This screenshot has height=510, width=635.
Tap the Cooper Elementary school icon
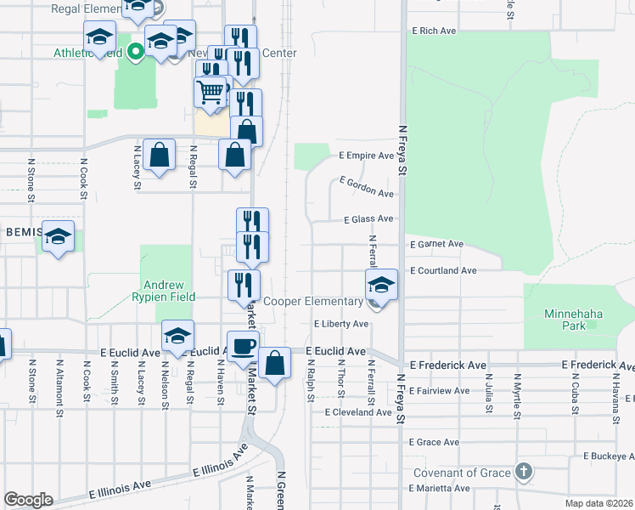tap(382, 285)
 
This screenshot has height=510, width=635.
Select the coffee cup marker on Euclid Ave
tap(243, 346)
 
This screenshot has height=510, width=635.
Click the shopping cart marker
tap(211, 90)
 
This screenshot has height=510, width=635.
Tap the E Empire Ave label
tap(366, 156)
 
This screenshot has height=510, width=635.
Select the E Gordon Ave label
tap(366, 187)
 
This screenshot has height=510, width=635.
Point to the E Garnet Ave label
tap(436, 245)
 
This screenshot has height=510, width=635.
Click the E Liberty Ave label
tap(340, 324)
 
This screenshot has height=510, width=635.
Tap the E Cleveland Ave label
tap(358, 412)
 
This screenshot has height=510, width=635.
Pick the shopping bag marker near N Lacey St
tap(159, 155)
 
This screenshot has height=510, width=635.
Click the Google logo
tap(28, 500)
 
